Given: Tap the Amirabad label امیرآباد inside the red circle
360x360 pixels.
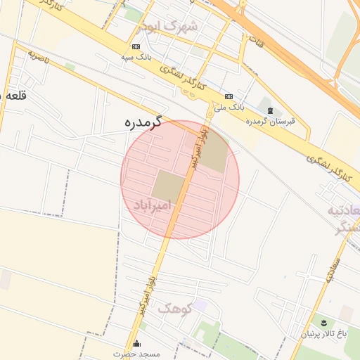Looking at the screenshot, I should click(153, 205).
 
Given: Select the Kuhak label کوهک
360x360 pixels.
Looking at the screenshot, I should click(174, 308).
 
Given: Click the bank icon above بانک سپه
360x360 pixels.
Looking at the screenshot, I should click(136, 46).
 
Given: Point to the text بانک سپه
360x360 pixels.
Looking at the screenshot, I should click(136, 56).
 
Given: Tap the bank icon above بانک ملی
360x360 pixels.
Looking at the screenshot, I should click(229, 96).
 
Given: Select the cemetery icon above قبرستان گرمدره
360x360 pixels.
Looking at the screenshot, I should click(271, 111).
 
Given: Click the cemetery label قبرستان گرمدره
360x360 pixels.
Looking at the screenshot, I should click(271, 121).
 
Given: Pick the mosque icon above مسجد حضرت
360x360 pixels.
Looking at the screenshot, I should click(136, 344).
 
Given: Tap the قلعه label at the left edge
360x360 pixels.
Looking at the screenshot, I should click(14, 96).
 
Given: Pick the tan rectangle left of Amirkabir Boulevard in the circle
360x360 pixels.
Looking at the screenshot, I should click(168, 185).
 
